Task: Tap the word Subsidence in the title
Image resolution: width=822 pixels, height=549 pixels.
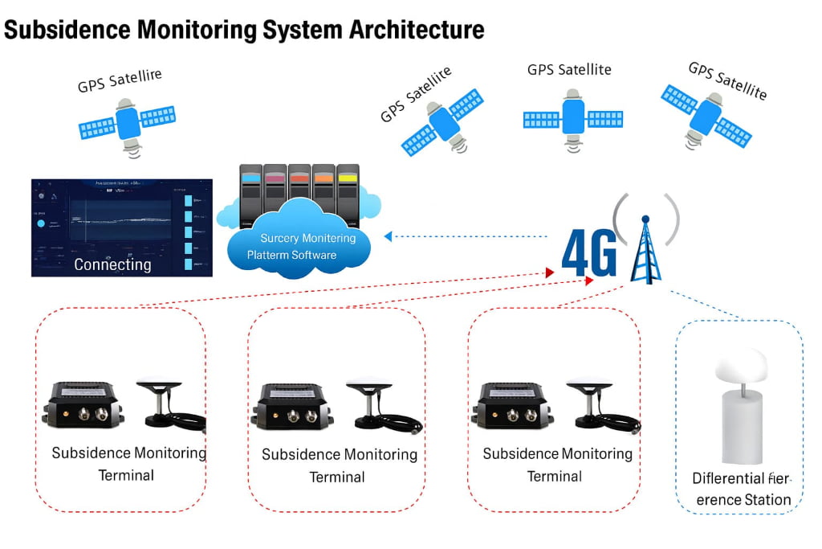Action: click(x=67, y=31)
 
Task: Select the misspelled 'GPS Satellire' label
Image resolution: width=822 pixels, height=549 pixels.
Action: click(x=120, y=80)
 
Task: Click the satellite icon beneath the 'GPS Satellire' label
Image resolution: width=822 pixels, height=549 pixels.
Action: click(x=127, y=123)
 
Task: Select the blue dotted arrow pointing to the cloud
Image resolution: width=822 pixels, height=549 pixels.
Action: click(x=466, y=236)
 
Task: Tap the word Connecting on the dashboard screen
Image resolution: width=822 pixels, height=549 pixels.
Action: click(x=112, y=264)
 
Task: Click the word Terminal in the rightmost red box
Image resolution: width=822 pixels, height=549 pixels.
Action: click(x=554, y=477)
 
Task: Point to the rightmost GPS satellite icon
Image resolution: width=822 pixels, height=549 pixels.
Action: click(x=706, y=115)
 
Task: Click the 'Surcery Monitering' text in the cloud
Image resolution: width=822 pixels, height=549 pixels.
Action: click(x=307, y=238)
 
